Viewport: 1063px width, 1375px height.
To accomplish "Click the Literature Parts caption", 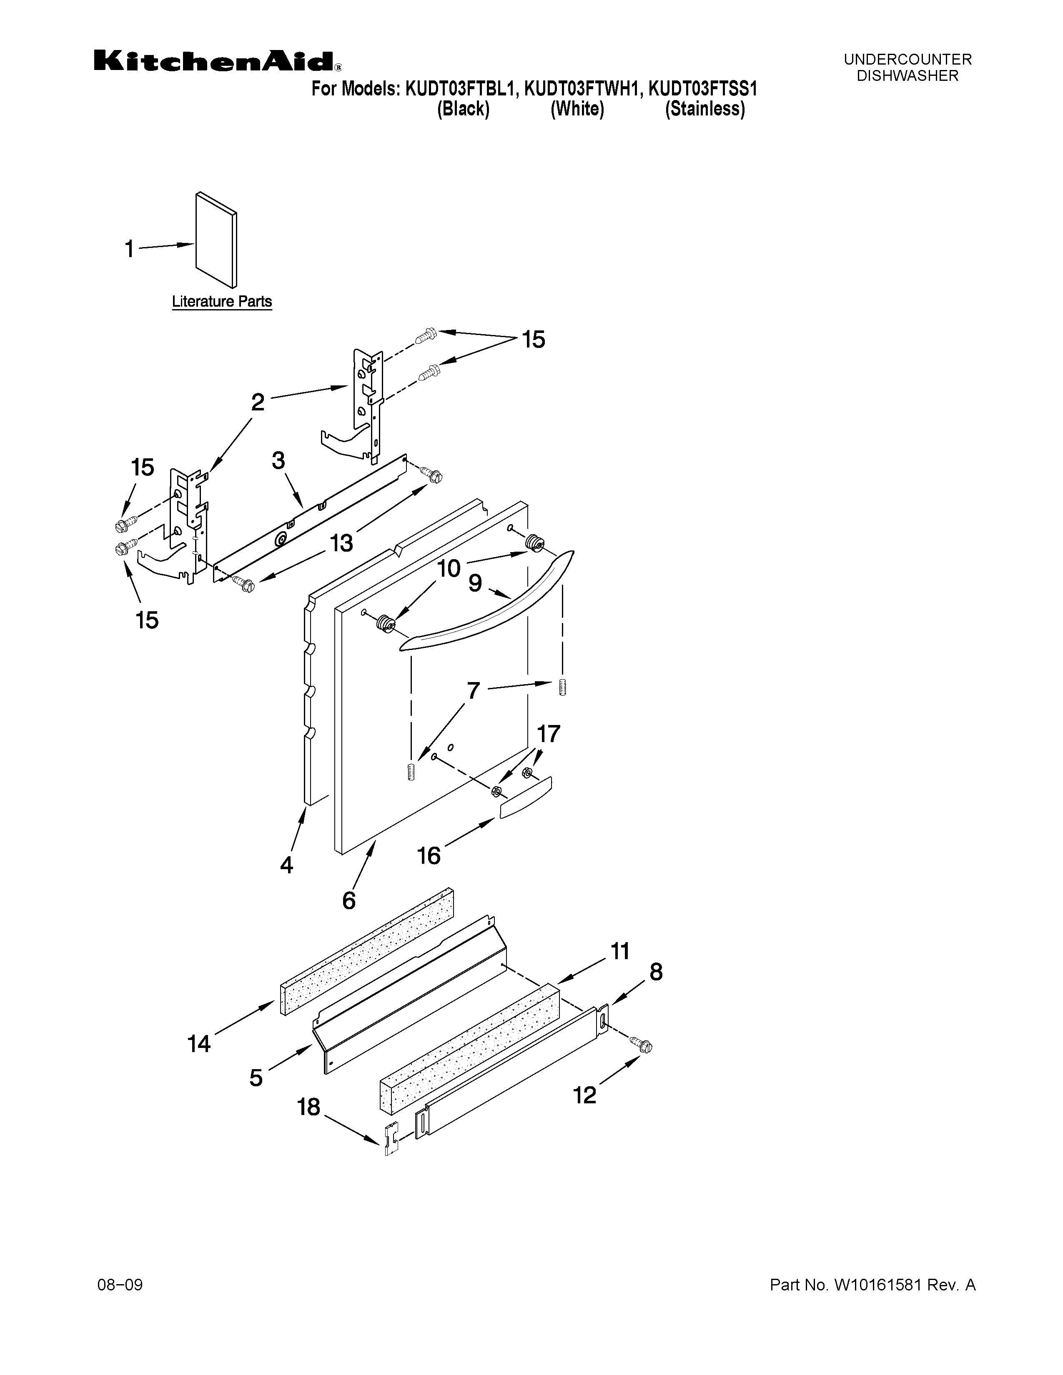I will (x=222, y=302).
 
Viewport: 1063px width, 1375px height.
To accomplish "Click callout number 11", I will (x=619, y=951).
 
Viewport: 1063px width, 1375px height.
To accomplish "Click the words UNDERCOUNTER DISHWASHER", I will (x=908, y=67).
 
